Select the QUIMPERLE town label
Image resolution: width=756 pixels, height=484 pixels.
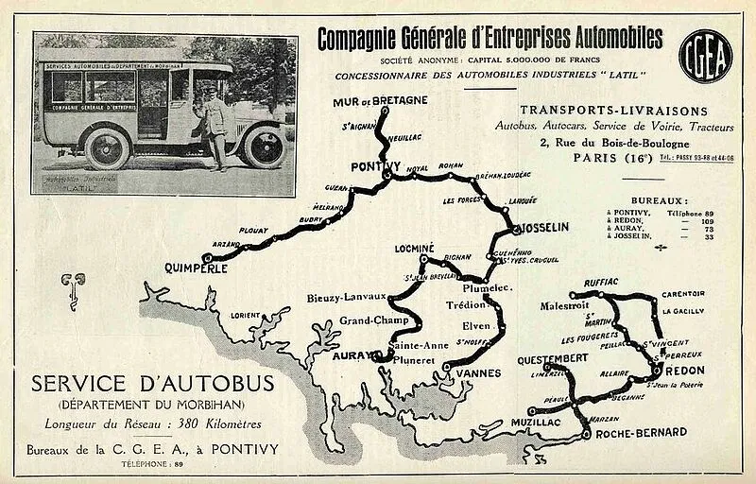click(198, 267)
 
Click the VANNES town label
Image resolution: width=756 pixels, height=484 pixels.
click(477, 373)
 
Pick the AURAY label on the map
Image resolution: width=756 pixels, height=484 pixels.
click(350, 356)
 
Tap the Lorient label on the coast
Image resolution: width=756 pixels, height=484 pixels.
click(244, 315)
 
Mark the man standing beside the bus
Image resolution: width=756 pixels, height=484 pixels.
click(215, 125)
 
